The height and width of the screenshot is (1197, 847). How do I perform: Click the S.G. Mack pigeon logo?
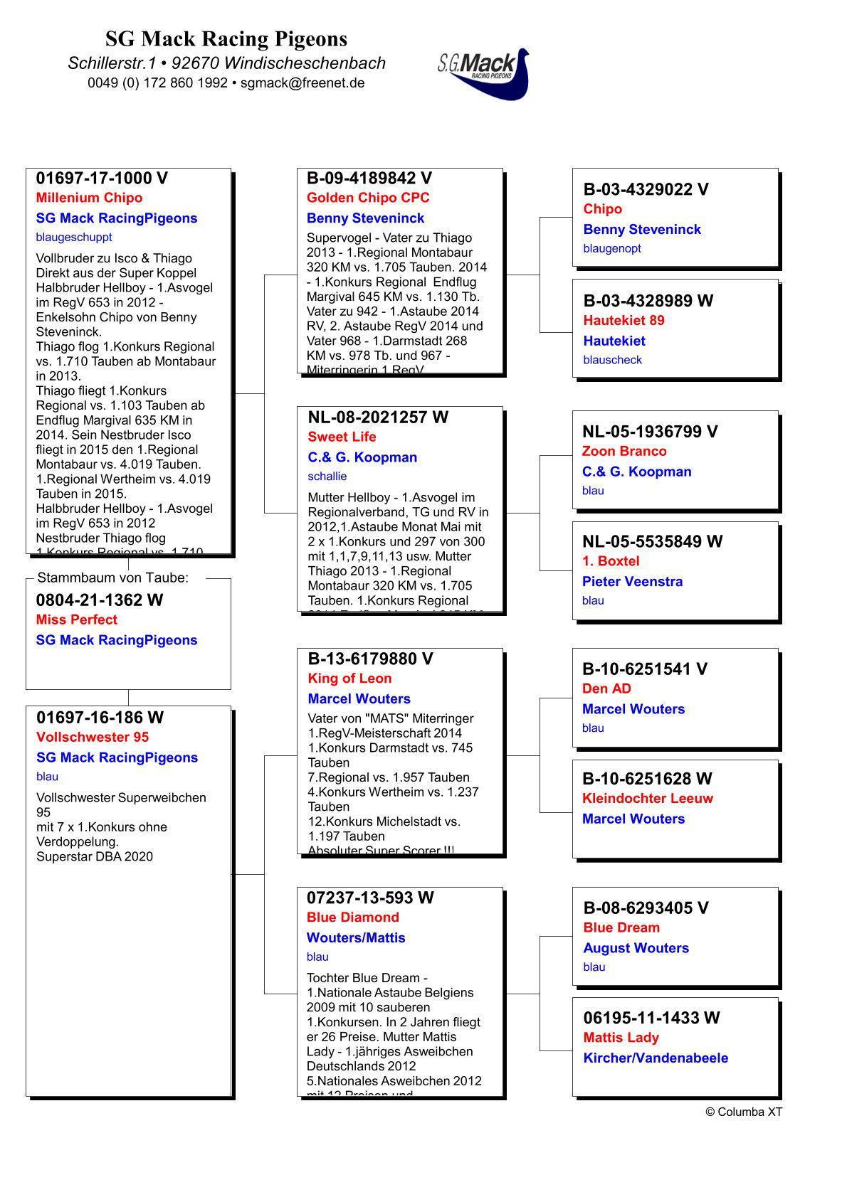[x=485, y=73]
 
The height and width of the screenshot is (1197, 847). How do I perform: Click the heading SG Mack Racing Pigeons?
[x=226, y=38]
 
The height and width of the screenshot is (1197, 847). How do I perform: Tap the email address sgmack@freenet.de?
[x=302, y=83]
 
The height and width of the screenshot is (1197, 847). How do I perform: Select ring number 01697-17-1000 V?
[x=102, y=179]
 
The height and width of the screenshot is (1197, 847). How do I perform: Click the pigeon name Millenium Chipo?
[x=89, y=198]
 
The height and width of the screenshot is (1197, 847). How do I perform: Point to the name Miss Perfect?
[x=76, y=619]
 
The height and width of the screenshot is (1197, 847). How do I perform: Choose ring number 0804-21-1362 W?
[x=100, y=600]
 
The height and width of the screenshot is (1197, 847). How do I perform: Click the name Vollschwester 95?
[x=93, y=737]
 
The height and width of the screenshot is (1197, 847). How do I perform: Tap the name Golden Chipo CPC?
[x=368, y=198]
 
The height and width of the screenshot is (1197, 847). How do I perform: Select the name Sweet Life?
[x=342, y=437]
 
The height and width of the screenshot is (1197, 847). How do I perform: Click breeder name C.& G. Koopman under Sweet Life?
[x=362, y=457]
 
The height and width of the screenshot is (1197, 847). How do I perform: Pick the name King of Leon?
[x=349, y=679]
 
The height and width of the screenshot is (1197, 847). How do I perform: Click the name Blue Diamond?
[x=352, y=917]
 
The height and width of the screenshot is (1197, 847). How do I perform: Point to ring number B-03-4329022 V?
[x=646, y=189]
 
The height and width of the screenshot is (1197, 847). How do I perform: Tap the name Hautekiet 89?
[x=624, y=320]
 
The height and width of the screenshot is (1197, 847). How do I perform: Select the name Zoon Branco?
[x=624, y=451]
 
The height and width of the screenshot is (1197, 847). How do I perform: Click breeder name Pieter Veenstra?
[x=632, y=582]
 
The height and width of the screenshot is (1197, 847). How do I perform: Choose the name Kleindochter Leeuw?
[x=647, y=798]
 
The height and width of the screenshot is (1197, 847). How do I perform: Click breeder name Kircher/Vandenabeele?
[x=656, y=1058]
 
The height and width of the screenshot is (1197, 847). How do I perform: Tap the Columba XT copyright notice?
[x=743, y=1112]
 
